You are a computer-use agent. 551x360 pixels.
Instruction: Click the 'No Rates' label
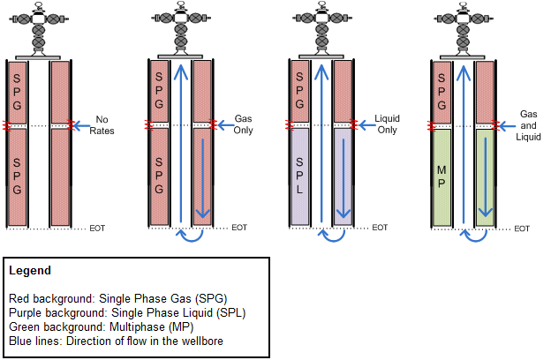pyautogui.click(x=105, y=124)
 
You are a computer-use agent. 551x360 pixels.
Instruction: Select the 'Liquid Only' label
pyautogui.click(x=388, y=124)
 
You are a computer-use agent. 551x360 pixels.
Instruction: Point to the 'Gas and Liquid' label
pyautogui.click(x=529, y=124)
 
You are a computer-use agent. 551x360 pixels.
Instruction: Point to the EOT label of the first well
pyautogui.click(x=98, y=228)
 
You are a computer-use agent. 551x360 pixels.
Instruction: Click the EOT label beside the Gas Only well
pyautogui.click(x=239, y=228)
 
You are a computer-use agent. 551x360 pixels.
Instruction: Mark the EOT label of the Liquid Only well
pyautogui.click(x=381, y=228)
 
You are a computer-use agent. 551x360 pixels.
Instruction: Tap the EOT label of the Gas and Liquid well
pyautogui.click(x=522, y=228)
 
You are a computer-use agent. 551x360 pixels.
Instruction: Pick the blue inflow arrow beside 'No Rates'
pyautogui.click(x=81, y=125)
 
